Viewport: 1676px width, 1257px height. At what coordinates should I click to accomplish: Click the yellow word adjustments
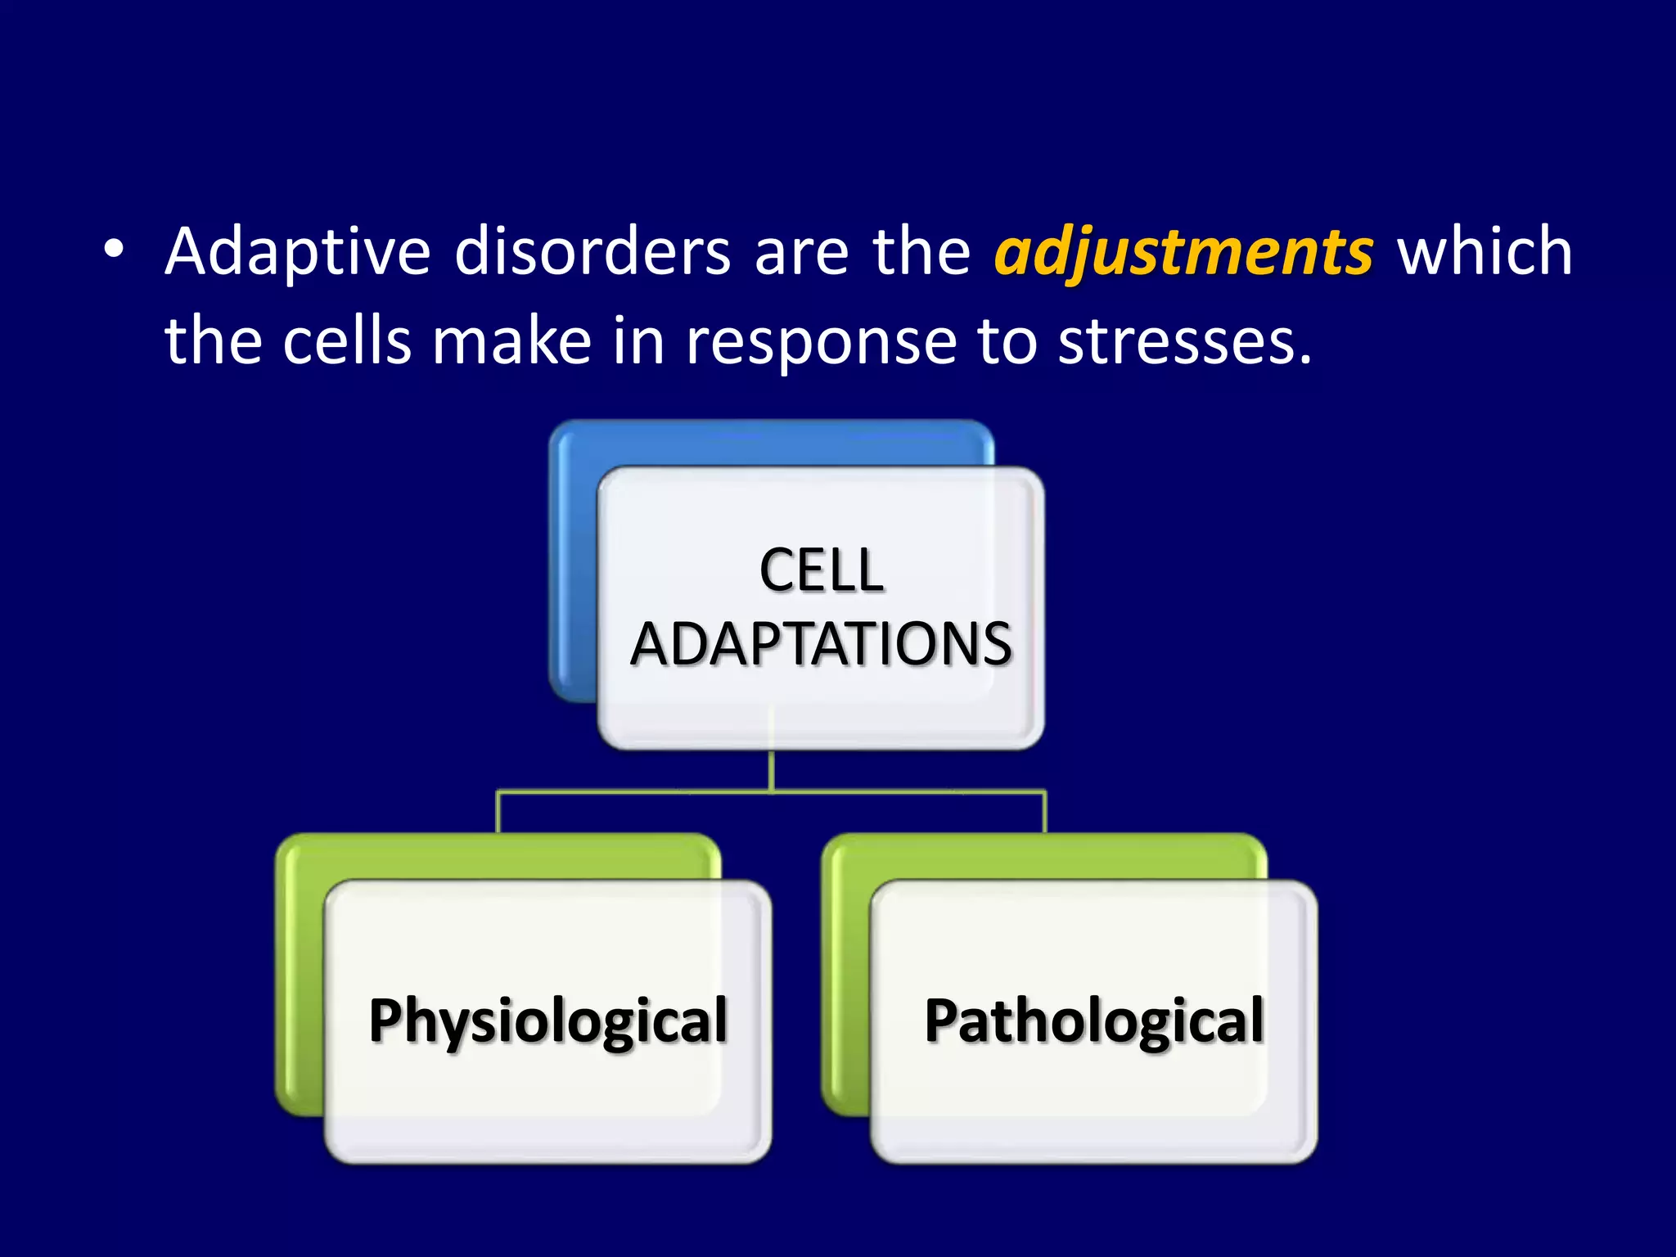pyautogui.click(x=1183, y=252)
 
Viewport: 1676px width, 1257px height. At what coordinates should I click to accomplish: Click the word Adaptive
pyautogui.click(x=297, y=252)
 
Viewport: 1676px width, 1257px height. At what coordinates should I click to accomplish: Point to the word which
pyautogui.click(x=1484, y=252)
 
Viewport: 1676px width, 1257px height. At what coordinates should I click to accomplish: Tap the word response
pyautogui.click(x=820, y=342)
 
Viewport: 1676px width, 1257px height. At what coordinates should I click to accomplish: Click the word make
pyautogui.click(x=511, y=342)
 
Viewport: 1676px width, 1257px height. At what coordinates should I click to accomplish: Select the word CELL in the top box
pyautogui.click(x=821, y=570)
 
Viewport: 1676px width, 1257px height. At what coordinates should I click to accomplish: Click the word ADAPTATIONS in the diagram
pyautogui.click(x=821, y=644)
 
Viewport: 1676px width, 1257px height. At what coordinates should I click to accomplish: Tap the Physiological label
pyautogui.click(x=547, y=1021)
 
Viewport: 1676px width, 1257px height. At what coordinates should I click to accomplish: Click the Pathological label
pyautogui.click(x=1093, y=1021)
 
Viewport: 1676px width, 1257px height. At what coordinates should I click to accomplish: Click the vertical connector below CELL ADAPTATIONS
pyautogui.click(x=771, y=770)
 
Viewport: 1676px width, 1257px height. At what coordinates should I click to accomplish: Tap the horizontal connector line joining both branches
pyautogui.click(x=638, y=792)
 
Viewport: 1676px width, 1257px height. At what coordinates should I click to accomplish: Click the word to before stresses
pyautogui.click(x=1007, y=342)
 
